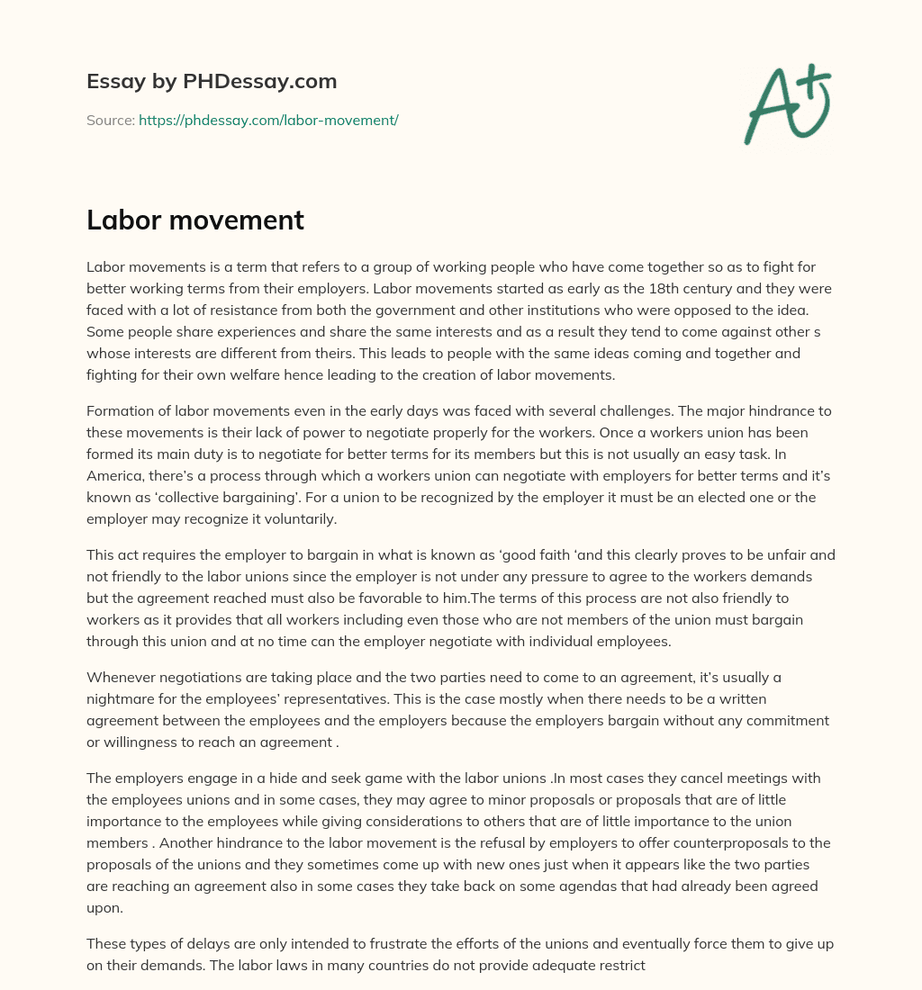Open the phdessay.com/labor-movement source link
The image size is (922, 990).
(268, 120)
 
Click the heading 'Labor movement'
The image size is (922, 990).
(195, 220)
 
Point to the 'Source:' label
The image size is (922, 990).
(111, 120)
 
